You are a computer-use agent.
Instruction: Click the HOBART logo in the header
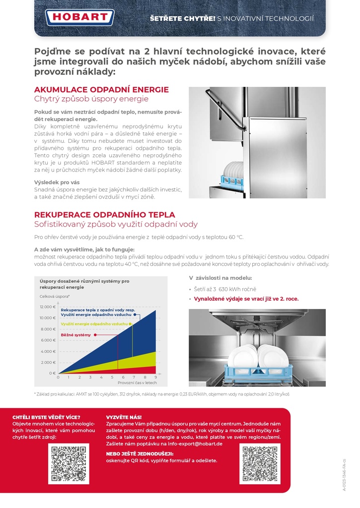tap(80, 17)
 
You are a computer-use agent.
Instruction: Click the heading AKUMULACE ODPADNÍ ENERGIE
tap(101, 90)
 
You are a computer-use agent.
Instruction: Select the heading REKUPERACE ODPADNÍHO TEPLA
tap(104, 215)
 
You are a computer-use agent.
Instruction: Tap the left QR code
tap(69, 464)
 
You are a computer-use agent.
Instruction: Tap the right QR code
tap(260, 464)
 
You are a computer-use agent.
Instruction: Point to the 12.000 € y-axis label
tap(48, 307)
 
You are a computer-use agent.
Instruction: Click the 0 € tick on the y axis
tap(52, 373)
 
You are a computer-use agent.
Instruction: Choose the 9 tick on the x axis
tap(156, 378)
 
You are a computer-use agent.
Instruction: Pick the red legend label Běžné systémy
tap(76, 335)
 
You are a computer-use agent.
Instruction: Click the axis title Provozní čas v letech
tap(137, 383)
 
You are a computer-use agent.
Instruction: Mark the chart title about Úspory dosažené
tap(84, 284)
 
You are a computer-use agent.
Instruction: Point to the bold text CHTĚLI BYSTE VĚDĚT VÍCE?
tap(46, 417)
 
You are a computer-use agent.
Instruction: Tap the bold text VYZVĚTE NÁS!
tap(124, 417)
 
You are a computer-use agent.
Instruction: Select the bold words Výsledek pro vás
tap(57, 182)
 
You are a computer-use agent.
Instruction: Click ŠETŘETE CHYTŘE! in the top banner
tap(183, 19)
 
